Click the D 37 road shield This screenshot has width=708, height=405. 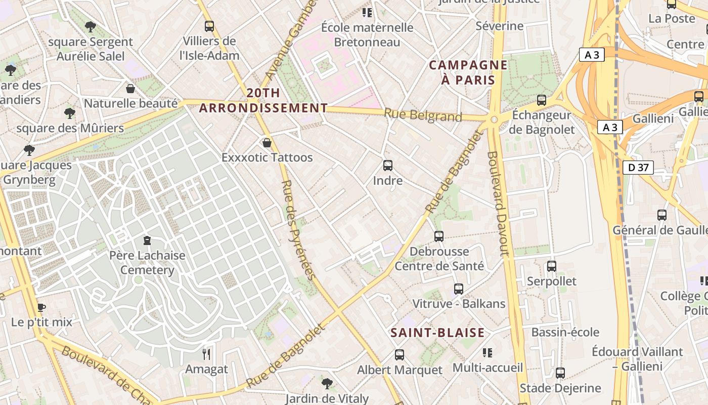(x=638, y=168)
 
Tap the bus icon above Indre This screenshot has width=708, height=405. (x=388, y=165)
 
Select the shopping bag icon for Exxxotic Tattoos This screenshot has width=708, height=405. (x=267, y=143)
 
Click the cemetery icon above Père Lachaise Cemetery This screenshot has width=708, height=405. (x=147, y=240)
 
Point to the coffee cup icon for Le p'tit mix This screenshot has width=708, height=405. (x=41, y=307)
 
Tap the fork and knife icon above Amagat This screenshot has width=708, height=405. (x=206, y=354)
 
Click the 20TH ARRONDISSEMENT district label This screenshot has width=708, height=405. (x=263, y=101)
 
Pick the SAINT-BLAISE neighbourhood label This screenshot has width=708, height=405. (x=437, y=333)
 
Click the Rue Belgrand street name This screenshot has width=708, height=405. (x=423, y=115)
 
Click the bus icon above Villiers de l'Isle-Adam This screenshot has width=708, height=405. (x=209, y=26)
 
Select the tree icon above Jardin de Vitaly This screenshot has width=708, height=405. (x=327, y=383)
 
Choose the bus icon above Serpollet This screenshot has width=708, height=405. (x=552, y=266)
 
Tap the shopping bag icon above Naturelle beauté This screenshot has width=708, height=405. (x=130, y=89)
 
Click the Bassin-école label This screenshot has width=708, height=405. (x=565, y=332)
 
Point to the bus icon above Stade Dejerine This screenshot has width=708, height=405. (x=560, y=373)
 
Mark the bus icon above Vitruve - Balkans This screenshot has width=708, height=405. (x=459, y=289)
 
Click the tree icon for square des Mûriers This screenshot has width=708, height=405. (x=70, y=113)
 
